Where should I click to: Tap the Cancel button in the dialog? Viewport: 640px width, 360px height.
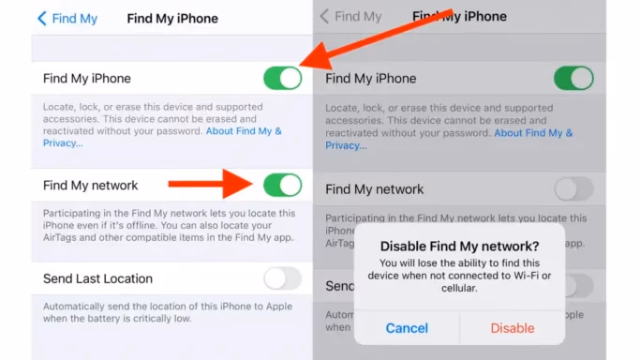406,328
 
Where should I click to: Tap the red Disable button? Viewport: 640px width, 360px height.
513,328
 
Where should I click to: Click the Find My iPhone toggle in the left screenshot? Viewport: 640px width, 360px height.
282,79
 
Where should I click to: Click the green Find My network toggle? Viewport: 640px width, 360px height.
282,186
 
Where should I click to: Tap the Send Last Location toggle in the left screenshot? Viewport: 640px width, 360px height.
282,278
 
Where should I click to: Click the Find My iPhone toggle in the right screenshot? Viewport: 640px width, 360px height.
573,79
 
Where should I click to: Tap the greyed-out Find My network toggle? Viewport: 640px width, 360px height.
573,189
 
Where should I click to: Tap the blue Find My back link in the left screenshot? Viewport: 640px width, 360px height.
68,18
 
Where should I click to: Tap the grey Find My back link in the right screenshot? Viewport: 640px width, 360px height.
350,17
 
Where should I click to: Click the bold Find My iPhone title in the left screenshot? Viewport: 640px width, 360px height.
171,18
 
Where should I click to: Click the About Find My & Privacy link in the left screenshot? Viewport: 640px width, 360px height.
244,131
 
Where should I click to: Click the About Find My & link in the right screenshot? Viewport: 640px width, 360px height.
533,133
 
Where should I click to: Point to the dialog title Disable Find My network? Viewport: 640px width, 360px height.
459,247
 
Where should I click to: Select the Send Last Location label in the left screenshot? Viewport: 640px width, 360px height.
97,278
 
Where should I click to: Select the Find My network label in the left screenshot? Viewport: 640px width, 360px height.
90,186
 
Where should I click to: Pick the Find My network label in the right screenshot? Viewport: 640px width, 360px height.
374,189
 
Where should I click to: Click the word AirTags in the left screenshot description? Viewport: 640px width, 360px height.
61,238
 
